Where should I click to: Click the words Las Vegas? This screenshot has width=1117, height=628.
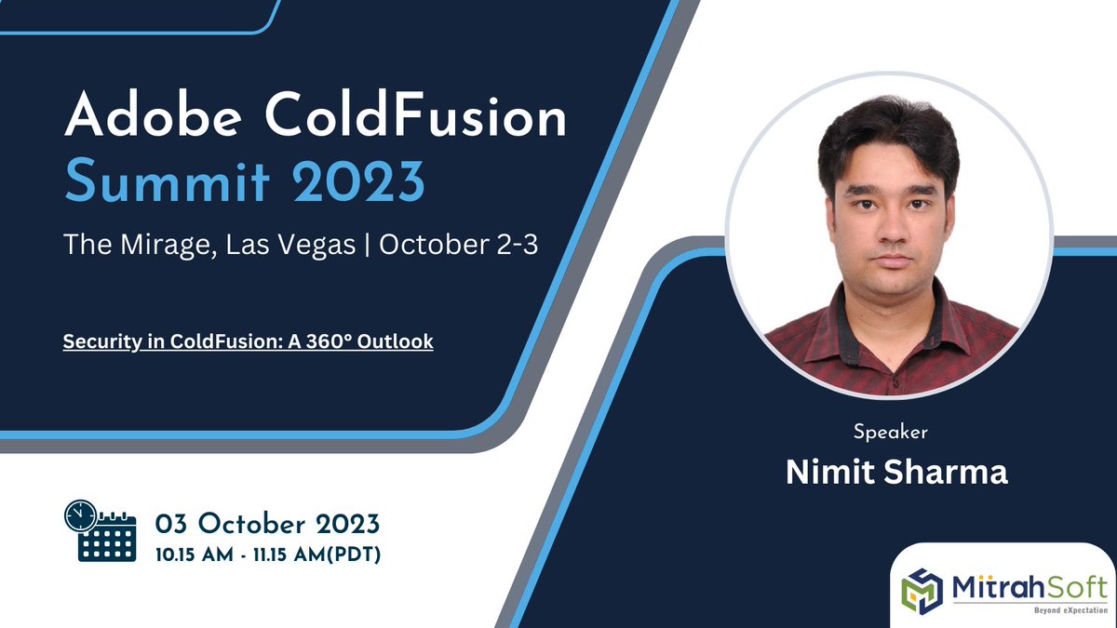(x=284, y=245)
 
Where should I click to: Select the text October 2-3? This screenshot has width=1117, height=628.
(x=458, y=245)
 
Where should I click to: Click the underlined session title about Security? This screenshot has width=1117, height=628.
(x=248, y=341)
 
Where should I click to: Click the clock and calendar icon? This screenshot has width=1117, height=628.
(x=100, y=530)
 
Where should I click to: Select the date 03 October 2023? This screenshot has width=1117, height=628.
(x=267, y=522)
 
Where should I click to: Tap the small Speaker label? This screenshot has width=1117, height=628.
(x=890, y=432)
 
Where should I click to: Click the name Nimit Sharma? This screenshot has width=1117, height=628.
(x=896, y=472)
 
